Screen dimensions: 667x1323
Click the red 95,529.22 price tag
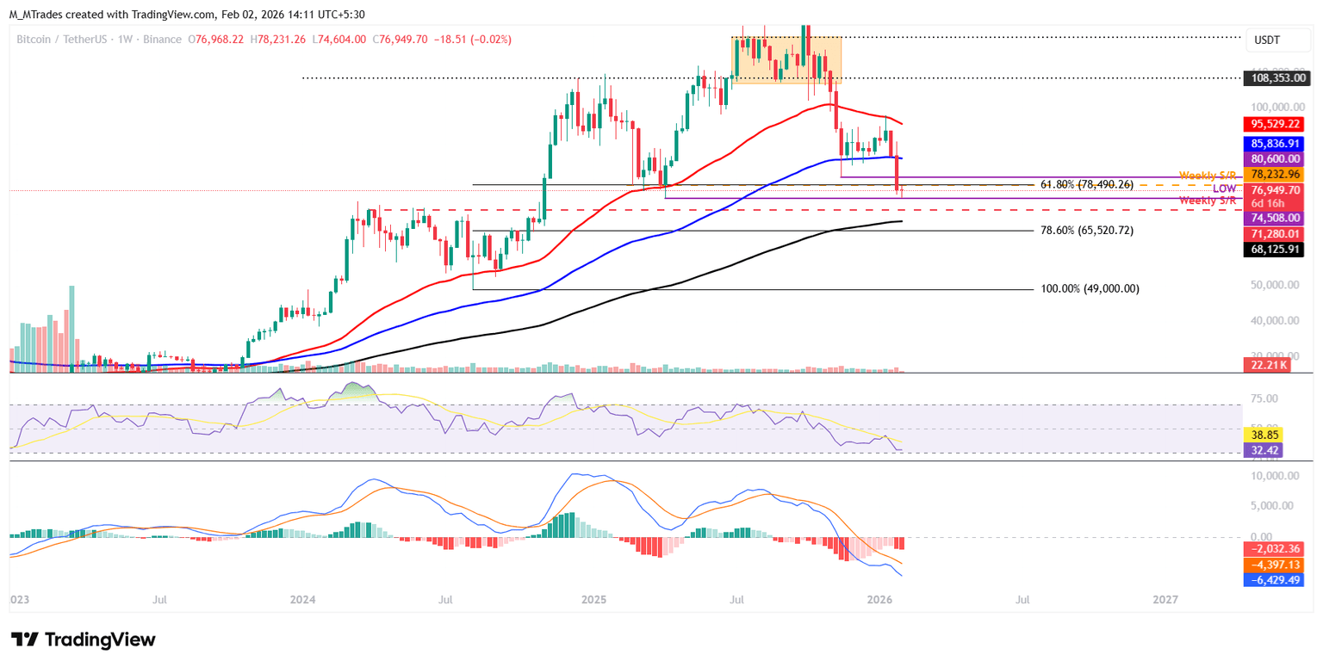point(1276,124)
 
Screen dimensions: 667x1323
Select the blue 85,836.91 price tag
point(1276,143)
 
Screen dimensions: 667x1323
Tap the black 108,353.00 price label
point(1276,77)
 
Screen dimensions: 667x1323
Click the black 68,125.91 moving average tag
point(1276,250)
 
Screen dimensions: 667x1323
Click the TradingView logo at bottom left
point(84,639)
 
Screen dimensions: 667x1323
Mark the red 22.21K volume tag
point(1266,365)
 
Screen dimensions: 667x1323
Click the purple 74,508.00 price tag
point(1276,219)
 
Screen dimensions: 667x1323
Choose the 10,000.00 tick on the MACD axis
point(1275,476)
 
